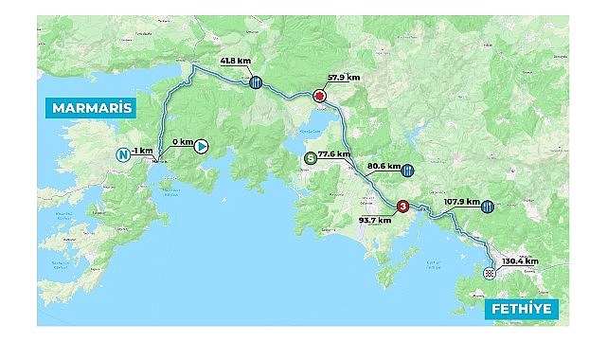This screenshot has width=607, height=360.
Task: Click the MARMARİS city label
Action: pos(90,107)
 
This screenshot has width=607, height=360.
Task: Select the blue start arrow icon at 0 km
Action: pos(201,146)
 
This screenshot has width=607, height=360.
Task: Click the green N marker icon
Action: pos(121,154)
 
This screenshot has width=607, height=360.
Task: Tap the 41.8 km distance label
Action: pos(234,61)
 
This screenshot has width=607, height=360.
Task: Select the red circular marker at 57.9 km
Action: pos(319,97)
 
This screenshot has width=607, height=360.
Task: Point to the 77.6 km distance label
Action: pos(333,153)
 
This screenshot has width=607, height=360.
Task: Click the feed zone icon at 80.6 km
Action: pos(407,171)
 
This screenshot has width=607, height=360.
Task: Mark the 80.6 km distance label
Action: pos(382,165)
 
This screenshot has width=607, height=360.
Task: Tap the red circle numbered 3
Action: pos(402,207)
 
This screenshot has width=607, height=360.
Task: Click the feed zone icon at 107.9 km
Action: pos(487,206)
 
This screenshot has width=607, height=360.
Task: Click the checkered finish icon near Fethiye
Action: pos(489,273)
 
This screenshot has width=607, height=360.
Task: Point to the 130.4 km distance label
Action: pos(520,261)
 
